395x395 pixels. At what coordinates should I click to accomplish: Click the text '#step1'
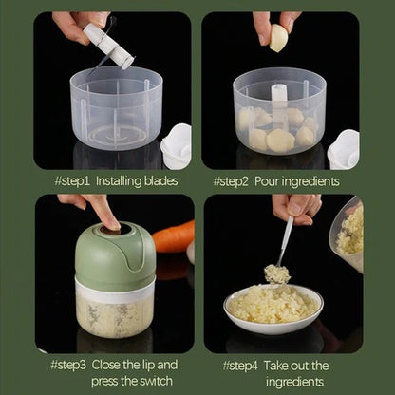tap(71, 179)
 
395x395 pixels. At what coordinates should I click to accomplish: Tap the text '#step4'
tap(244, 365)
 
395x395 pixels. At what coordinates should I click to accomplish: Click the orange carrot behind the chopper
tap(174, 236)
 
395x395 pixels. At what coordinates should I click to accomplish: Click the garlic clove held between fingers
tap(278, 38)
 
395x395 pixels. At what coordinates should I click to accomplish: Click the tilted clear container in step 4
tap(348, 235)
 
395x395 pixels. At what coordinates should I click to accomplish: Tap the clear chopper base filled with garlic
tap(115, 313)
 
